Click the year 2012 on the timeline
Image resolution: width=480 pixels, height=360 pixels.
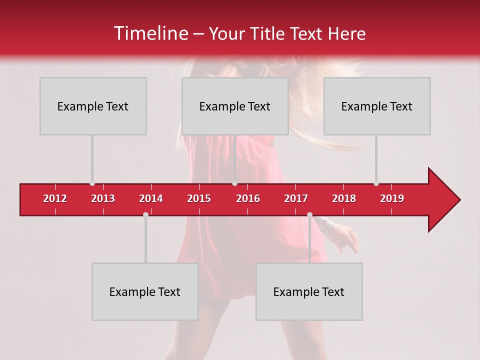[55, 198]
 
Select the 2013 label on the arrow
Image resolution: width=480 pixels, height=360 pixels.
[103, 198]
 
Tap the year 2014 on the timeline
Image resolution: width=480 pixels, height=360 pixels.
[151, 198]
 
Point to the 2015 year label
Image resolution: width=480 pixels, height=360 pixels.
[199, 198]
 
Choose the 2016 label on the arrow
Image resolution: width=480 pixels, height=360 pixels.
[248, 198]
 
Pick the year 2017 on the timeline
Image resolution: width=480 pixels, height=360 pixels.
[296, 198]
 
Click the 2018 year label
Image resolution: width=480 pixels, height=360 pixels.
[344, 198]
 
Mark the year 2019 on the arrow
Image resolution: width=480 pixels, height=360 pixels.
[392, 198]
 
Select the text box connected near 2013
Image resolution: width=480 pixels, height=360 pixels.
[93, 106]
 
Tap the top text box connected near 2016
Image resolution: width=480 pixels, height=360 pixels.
[235, 106]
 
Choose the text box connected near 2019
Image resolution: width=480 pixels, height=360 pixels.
[377, 106]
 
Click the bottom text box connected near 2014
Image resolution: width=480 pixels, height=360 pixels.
[145, 291]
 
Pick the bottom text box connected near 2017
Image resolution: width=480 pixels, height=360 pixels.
[309, 291]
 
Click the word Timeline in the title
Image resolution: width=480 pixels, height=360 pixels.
[150, 33]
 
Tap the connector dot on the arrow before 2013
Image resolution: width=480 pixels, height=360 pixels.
[92, 183]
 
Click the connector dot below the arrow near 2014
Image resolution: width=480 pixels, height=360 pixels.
[145, 214]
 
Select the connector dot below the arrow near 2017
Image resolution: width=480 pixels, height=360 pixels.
[309, 214]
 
